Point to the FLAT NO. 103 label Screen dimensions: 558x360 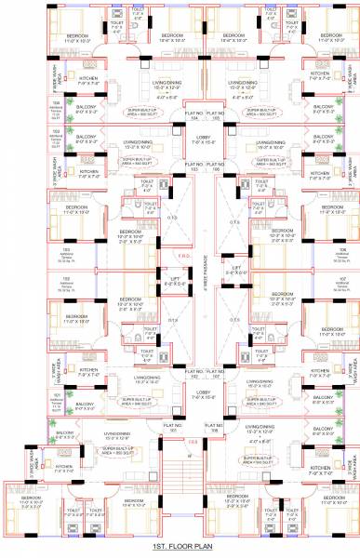[x=169, y=167]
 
